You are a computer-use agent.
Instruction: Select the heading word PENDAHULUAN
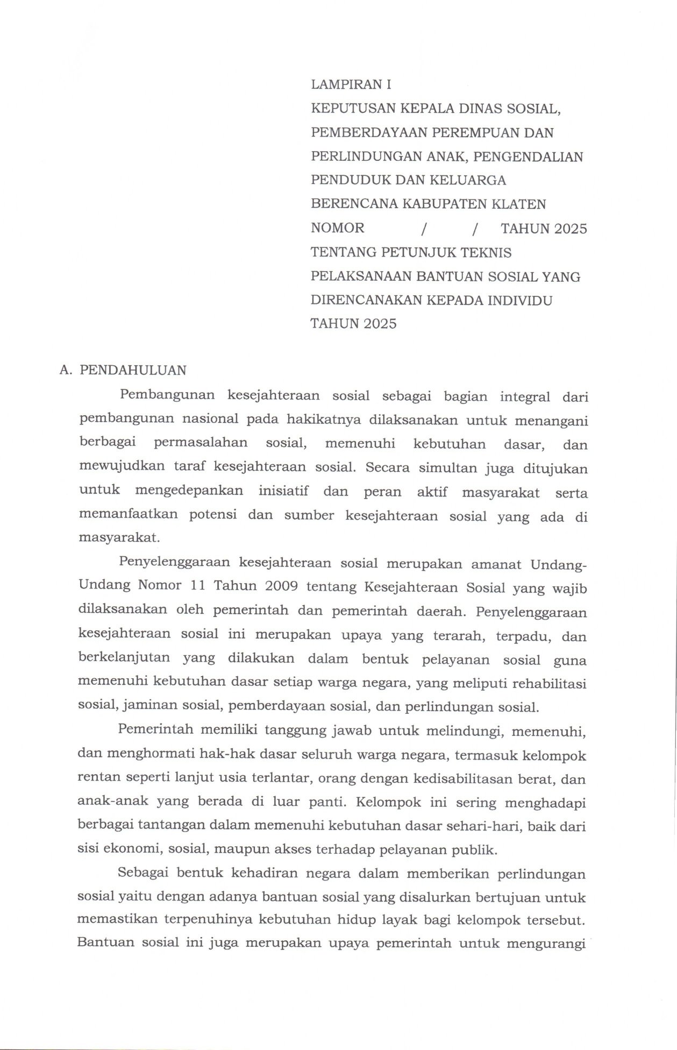click(x=133, y=370)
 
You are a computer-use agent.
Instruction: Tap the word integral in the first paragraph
click(x=525, y=396)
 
